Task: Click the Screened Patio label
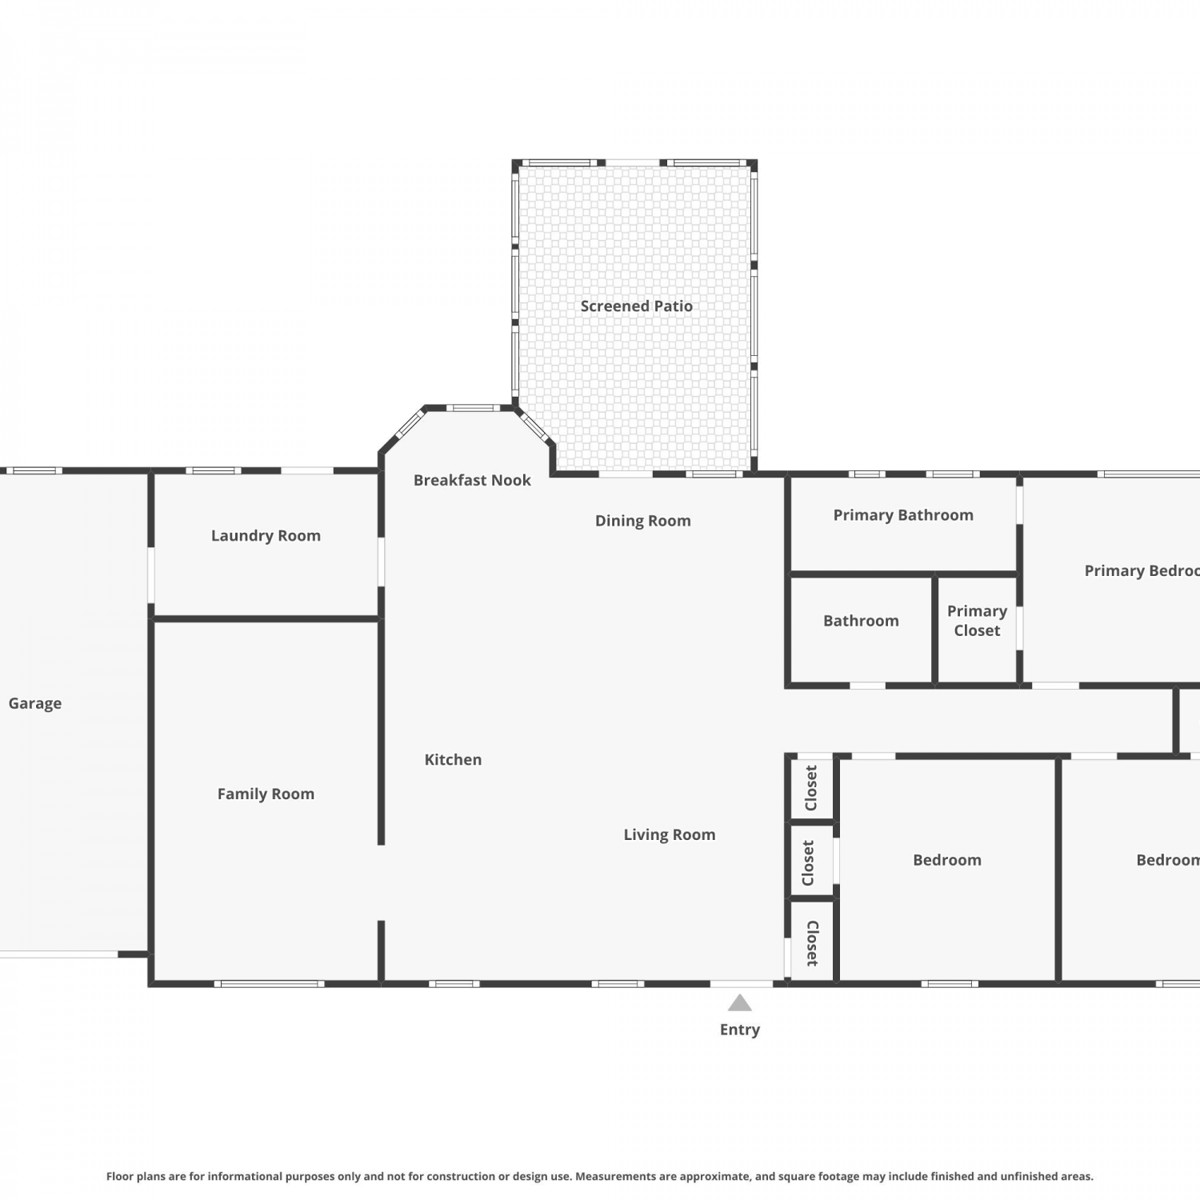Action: pyautogui.click(x=636, y=306)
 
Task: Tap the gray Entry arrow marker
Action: pyautogui.click(x=740, y=1002)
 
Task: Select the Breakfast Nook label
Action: pyautogui.click(x=472, y=480)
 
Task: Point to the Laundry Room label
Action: pyautogui.click(x=266, y=536)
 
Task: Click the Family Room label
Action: pyautogui.click(x=266, y=794)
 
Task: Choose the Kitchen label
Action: pyautogui.click(x=453, y=760)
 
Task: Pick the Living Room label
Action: pyautogui.click(x=670, y=835)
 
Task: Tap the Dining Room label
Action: pyautogui.click(x=642, y=521)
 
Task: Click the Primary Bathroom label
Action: pyautogui.click(x=903, y=515)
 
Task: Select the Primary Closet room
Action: pyautogui.click(x=977, y=630)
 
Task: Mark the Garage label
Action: pyautogui.click(x=35, y=704)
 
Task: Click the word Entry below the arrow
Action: pyautogui.click(x=740, y=1030)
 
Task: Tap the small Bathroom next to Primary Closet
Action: pyautogui.click(x=861, y=630)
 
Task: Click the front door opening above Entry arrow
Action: pyautogui.click(x=742, y=983)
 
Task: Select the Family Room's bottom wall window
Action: pyautogui.click(x=269, y=983)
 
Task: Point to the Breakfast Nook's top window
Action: pyautogui.click(x=473, y=408)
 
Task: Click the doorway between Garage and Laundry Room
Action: pyautogui.click(x=151, y=575)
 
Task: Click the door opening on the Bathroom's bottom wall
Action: pyautogui.click(x=867, y=686)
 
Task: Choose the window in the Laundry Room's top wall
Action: pyautogui.click(x=214, y=470)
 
